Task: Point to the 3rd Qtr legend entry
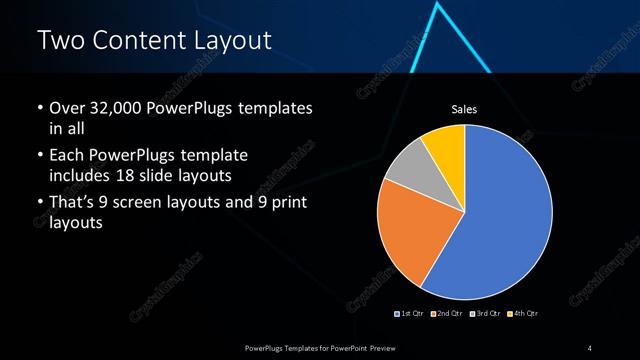[x=485, y=314]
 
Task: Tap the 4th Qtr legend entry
[x=523, y=314]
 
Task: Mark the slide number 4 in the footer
[x=590, y=347]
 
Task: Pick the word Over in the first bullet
[x=66, y=108]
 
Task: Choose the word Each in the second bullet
[x=67, y=156]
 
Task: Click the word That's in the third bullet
[x=73, y=204]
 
